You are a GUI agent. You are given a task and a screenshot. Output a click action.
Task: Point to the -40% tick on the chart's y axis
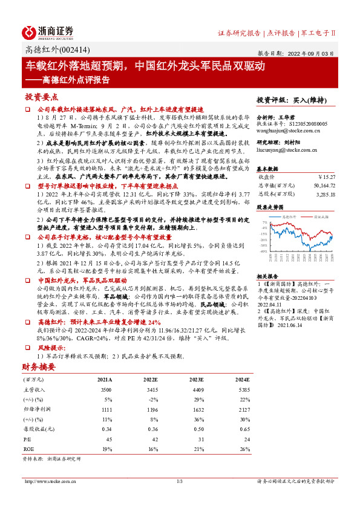[264, 251]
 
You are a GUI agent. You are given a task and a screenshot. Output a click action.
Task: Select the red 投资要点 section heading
[42, 97]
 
